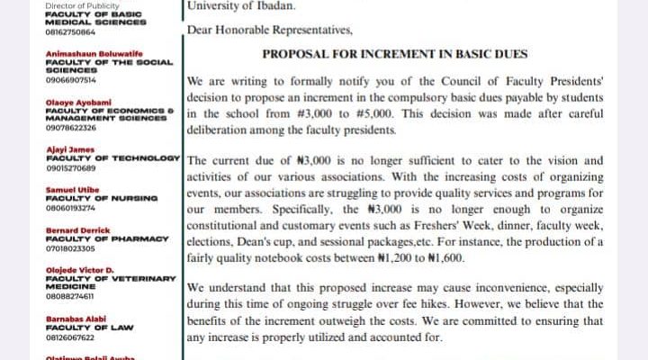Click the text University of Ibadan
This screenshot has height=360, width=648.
point(229,5)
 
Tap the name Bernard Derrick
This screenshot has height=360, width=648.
point(73,229)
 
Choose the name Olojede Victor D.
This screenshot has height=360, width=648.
point(79,270)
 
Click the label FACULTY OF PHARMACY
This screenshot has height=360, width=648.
point(108,238)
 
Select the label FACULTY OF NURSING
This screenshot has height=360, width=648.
point(102,197)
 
